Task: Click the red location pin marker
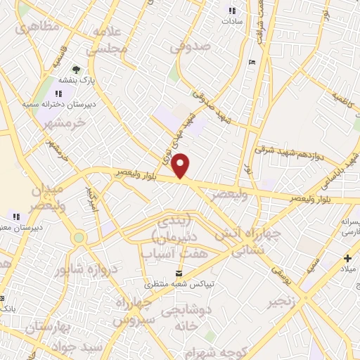tap(181, 166)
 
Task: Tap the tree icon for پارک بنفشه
tap(75, 70)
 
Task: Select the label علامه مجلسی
tap(108, 41)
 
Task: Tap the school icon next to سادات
tap(231, 11)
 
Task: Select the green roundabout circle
tap(79, 238)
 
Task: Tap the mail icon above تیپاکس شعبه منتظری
tap(178, 272)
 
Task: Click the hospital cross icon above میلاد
tap(348, 259)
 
